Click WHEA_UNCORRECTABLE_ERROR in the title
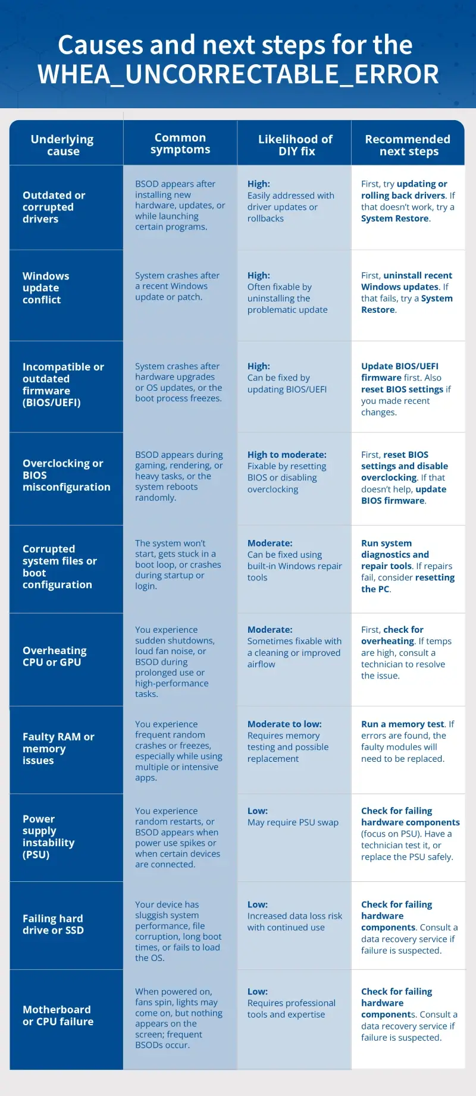point(238,75)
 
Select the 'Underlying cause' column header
point(62,145)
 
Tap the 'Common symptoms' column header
point(180,143)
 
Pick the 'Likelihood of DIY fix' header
point(295,145)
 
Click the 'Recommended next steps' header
point(408,145)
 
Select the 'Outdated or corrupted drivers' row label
point(54,207)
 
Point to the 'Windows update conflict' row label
point(46,288)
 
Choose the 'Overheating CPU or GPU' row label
point(54,657)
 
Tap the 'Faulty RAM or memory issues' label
point(58,749)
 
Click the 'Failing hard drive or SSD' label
point(53,925)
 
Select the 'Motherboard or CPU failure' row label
point(58,1016)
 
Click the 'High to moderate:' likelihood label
point(287,455)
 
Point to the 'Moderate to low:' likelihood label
point(284,724)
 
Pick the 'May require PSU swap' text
point(293,822)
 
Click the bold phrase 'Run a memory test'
point(403,724)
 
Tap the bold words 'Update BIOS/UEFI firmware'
point(399,372)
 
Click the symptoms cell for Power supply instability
point(178,837)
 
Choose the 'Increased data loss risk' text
point(295,916)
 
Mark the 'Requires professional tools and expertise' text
point(291,1009)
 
